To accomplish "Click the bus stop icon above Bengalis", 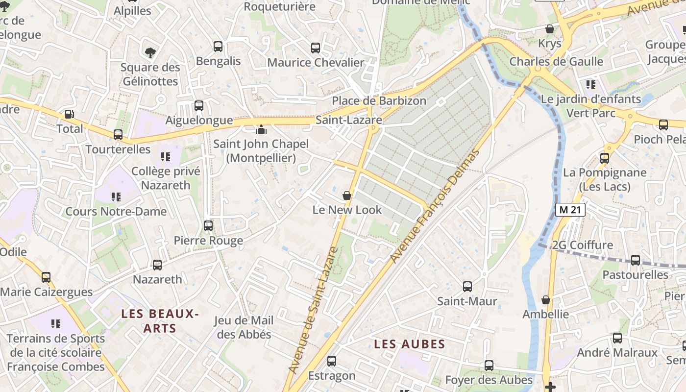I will click(218, 47).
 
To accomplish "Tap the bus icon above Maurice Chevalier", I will click(316, 48).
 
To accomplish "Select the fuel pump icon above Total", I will click(70, 114).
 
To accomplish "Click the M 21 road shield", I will click(571, 210).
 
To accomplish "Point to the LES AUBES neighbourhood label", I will click(410, 344).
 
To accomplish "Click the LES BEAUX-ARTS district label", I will click(160, 321).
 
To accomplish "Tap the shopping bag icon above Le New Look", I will click(347, 196).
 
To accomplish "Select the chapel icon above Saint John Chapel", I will click(261, 129).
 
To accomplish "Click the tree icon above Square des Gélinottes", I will click(150, 52).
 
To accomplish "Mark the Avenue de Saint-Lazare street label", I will click(313, 310).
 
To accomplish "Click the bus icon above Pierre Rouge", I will click(208, 226).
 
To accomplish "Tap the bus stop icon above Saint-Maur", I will click(467, 286).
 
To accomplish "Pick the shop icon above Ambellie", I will click(546, 300).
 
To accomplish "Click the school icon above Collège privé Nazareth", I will click(166, 157).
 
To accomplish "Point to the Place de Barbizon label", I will click(379, 100).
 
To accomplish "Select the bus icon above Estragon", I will click(332, 361).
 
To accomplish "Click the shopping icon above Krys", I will click(550, 29).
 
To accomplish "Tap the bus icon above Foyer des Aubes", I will click(489, 366).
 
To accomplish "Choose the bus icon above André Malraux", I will click(617, 338).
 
